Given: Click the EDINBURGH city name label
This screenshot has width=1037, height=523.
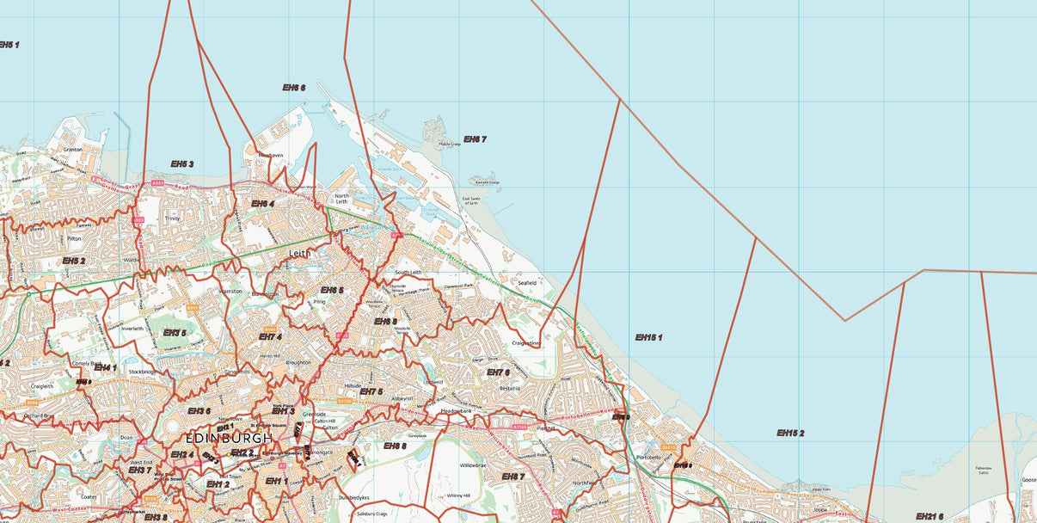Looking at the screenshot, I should pos(229,438).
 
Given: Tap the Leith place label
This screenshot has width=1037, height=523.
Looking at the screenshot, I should pos(299,254).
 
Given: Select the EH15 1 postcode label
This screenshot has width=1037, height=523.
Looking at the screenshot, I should pos(648,338).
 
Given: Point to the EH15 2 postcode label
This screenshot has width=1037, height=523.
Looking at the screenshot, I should pos(790,433).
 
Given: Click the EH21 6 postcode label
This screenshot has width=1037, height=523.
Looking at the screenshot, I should pos(929,516).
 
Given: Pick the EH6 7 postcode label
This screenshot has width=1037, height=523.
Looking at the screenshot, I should pos(475,139).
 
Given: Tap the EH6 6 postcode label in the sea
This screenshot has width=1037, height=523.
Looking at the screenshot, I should pos(294,88).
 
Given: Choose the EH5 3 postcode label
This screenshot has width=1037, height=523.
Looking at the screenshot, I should pos(181,164).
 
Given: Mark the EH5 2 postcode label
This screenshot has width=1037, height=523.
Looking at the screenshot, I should pos(73,261).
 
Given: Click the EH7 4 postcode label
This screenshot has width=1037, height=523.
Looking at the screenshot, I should pos(270,336).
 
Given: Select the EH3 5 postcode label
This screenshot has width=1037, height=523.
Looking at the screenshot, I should pos(175,333).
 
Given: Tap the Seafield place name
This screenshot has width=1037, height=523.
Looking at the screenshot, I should pos(526,282).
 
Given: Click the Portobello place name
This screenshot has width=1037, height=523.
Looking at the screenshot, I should pos(648,458).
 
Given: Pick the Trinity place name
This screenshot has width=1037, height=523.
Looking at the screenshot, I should pos(173,218).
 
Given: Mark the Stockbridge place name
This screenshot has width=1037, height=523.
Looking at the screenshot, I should pos(144,372).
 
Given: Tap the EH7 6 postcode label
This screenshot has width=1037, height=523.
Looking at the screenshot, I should pos(498,372).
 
